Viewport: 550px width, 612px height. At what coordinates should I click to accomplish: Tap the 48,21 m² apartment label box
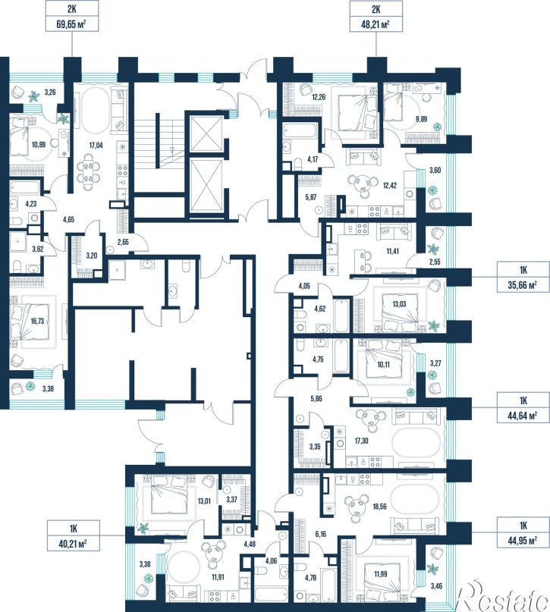pyautogui.click(x=376, y=16)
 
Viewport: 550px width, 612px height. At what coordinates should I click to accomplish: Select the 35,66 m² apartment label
pyautogui.click(x=523, y=278)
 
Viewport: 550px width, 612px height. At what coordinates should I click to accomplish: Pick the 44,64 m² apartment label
pyautogui.click(x=523, y=408)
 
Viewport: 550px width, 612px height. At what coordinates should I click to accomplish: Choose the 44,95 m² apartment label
pyautogui.click(x=523, y=534)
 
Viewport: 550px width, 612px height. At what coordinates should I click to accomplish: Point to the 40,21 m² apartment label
pyautogui.click(x=73, y=536)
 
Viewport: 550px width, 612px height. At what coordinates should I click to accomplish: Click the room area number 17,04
pyautogui.click(x=96, y=145)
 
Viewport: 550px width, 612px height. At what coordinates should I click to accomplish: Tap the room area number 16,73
pyautogui.click(x=37, y=322)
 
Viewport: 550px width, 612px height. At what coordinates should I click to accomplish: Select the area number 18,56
pyautogui.click(x=379, y=507)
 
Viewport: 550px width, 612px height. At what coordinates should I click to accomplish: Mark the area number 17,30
pyautogui.click(x=361, y=441)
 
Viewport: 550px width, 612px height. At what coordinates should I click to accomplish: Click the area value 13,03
pyautogui.click(x=399, y=304)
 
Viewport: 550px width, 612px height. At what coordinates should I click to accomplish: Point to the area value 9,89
pyautogui.click(x=421, y=119)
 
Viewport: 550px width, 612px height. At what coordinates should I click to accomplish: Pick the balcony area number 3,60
pyautogui.click(x=435, y=170)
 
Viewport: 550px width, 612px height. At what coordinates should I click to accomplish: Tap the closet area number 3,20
pyautogui.click(x=91, y=256)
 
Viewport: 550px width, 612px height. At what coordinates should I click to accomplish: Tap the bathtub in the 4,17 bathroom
pyautogui.click(x=300, y=130)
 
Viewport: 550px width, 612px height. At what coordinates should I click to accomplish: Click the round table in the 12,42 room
pyautogui.click(x=364, y=183)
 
